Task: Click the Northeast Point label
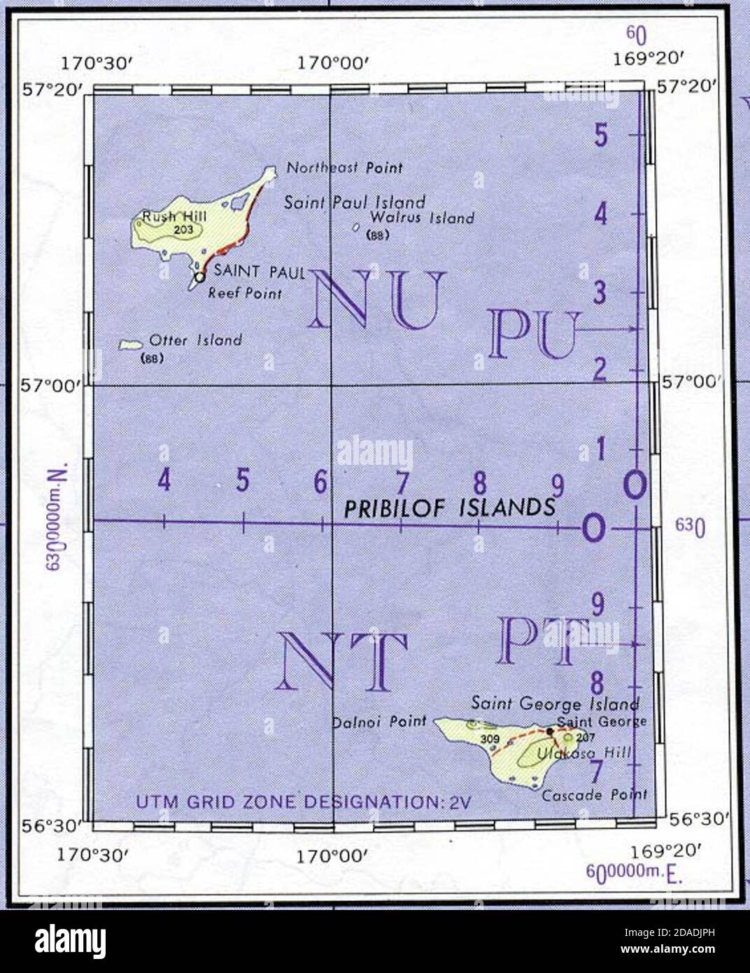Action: click(344, 168)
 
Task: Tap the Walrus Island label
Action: click(422, 218)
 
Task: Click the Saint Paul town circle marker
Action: click(199, 277)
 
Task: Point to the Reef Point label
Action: click(245, 294)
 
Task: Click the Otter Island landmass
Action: click(130, 344)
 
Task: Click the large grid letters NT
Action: click(343, 661)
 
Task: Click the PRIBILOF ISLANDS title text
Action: click(449, 508)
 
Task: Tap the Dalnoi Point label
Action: click(378, 721)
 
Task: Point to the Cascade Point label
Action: click(594, 794)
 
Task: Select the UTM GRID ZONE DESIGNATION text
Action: click(302, 801)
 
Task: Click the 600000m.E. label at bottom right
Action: click(634, 873)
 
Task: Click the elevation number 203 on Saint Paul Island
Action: click(183, 229)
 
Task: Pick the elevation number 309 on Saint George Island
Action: click(488, 738)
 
